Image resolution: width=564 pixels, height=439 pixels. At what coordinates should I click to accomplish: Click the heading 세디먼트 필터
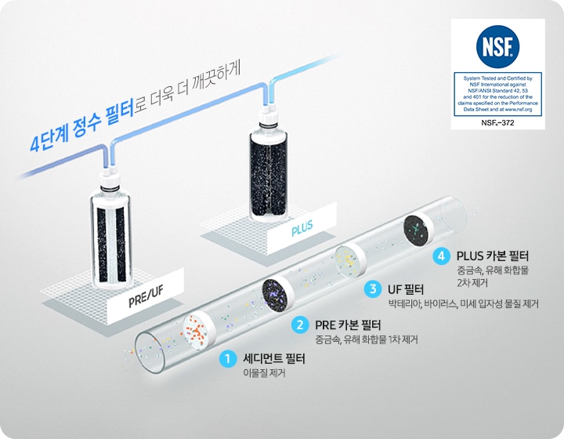click(x=274, y=359)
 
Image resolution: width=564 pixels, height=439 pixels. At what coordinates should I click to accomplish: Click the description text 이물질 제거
click(x=264, y=374)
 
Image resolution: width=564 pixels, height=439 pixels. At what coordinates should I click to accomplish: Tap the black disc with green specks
click(x=416, y=230)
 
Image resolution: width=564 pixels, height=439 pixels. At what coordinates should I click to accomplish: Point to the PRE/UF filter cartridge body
click(x=110, y=235)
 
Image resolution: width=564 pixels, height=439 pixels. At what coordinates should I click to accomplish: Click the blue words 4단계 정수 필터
click(x=82, y=132)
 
